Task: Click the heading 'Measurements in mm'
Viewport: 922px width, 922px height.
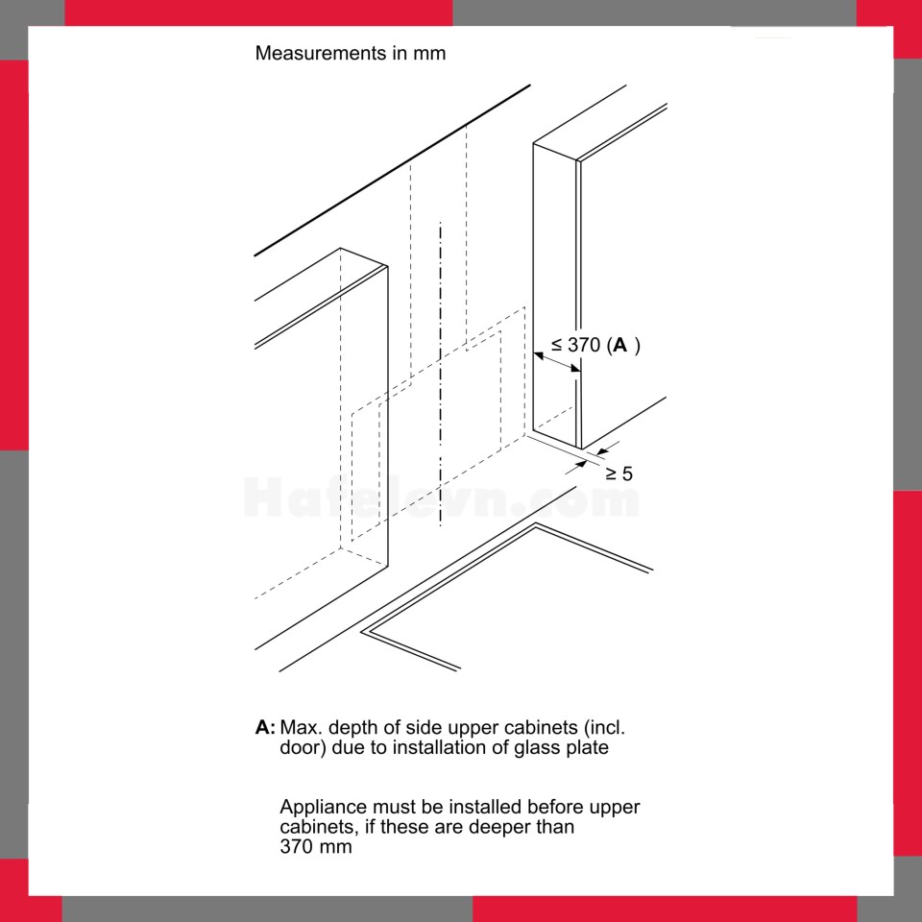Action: pyautogui.click(x=351, y=53)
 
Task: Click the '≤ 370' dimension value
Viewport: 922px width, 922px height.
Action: pyautogui.click(x=575, y=345)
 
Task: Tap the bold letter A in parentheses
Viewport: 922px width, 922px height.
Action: pyautogui.click(x=620, y=345)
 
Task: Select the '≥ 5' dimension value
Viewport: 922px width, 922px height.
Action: pyautogui.click(x=619, y=473)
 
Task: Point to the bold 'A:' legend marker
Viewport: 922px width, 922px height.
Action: pyautogui.click(x=265, y=727)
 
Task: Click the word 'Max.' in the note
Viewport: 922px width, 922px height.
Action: pyautogui.click(x=301, y=727)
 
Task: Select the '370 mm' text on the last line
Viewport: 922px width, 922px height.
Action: pyautogui.click(x=316, y=847)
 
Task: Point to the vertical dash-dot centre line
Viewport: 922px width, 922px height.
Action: pyautogui.click(x=441, y=375)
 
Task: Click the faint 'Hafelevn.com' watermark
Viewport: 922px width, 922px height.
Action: pyautogui.click(x=441, y=497)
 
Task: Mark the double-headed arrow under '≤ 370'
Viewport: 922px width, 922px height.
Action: pyautogui.click(x=556, y=362)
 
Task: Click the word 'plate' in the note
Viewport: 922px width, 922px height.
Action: pyautogui.click(x=587, y=747)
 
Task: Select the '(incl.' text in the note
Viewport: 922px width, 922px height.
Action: pyautogui.click(x=605, y=727)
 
